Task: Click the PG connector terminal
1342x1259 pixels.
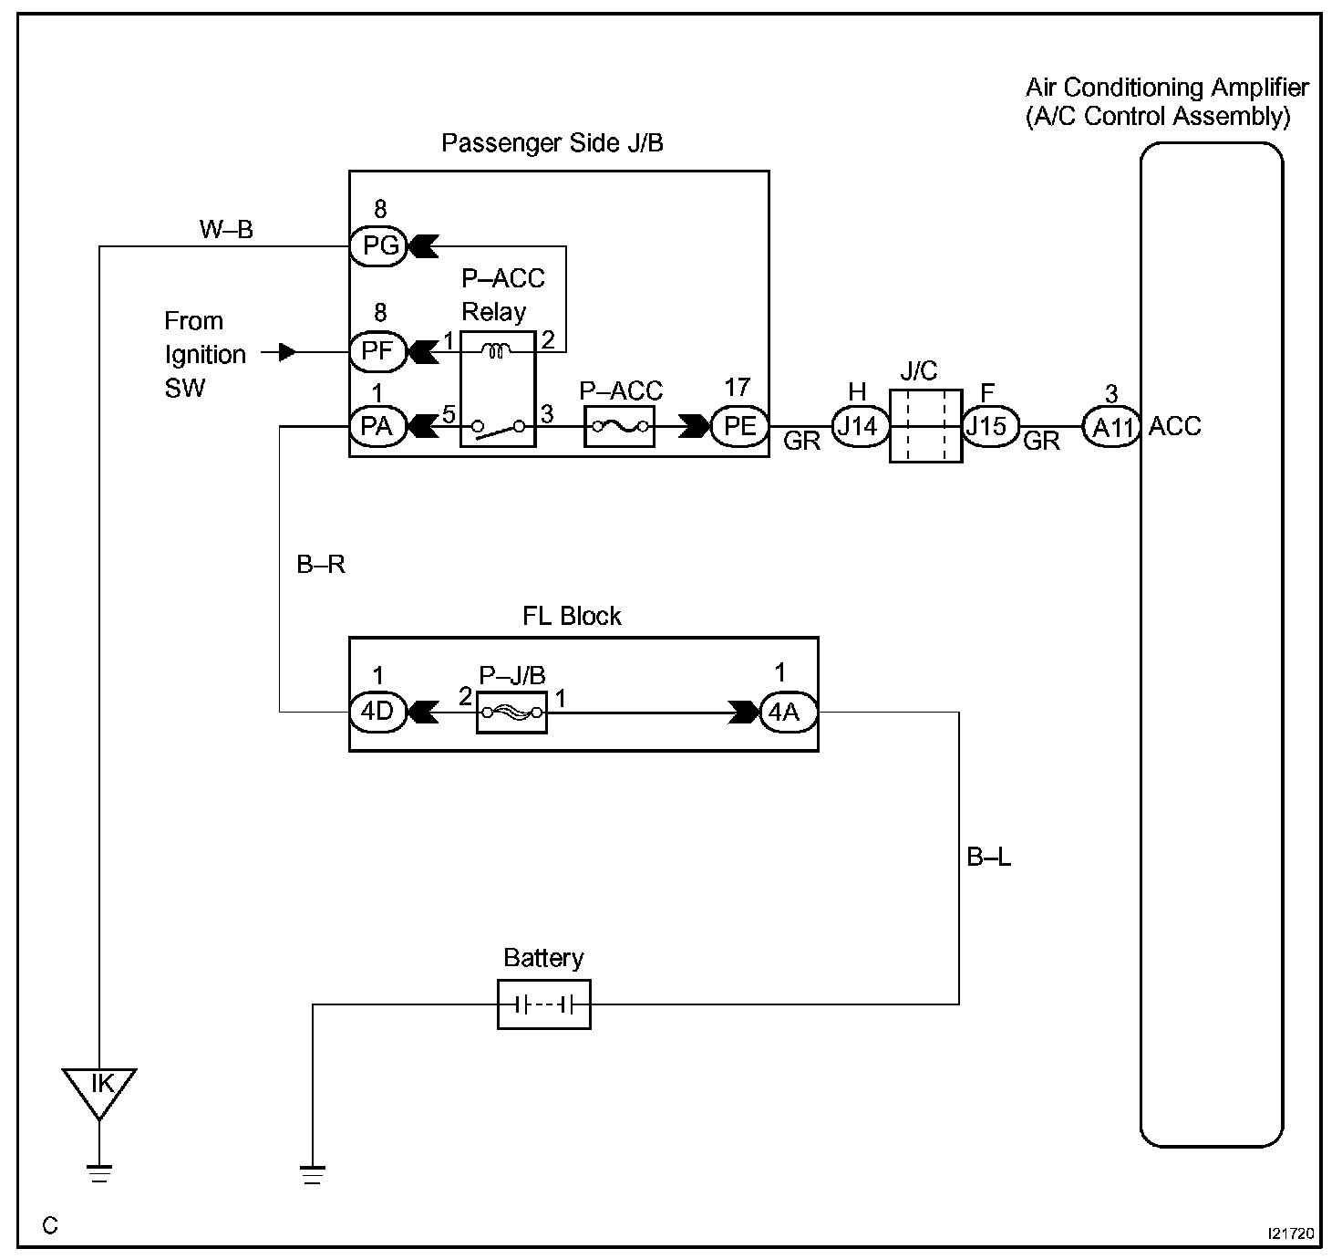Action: [x=378, y=245]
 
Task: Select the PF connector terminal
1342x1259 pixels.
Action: [x=378, y=351]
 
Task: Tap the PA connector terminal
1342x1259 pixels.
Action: [x=378, y=426]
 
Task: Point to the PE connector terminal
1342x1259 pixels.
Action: [x=740, y=426]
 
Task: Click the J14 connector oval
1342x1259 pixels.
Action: [x=860, y=426]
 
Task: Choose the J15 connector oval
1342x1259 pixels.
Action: [x=990, y=426]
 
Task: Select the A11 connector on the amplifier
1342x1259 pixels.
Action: [x=1111, y=427]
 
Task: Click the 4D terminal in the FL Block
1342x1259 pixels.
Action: [x=378, y=712]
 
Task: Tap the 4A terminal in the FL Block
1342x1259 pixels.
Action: [x=789, y=712]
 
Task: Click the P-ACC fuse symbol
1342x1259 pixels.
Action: [x=620, y=426]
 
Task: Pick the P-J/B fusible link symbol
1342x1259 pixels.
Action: [x=511, y=713]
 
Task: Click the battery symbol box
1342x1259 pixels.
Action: [x=544, y=1004]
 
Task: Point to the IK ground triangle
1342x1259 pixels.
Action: [x=99, y=1094]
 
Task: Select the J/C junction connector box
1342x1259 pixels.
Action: [x=925, y=425]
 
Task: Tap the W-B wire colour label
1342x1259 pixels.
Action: [x=226, y=229]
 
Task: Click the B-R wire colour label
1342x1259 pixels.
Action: [x=321, y=564]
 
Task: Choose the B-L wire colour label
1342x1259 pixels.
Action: [x=989, y=858]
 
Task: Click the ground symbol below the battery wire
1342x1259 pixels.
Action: [x=312, y=1174]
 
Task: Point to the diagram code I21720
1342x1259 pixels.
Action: [x=1291, y=1233]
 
